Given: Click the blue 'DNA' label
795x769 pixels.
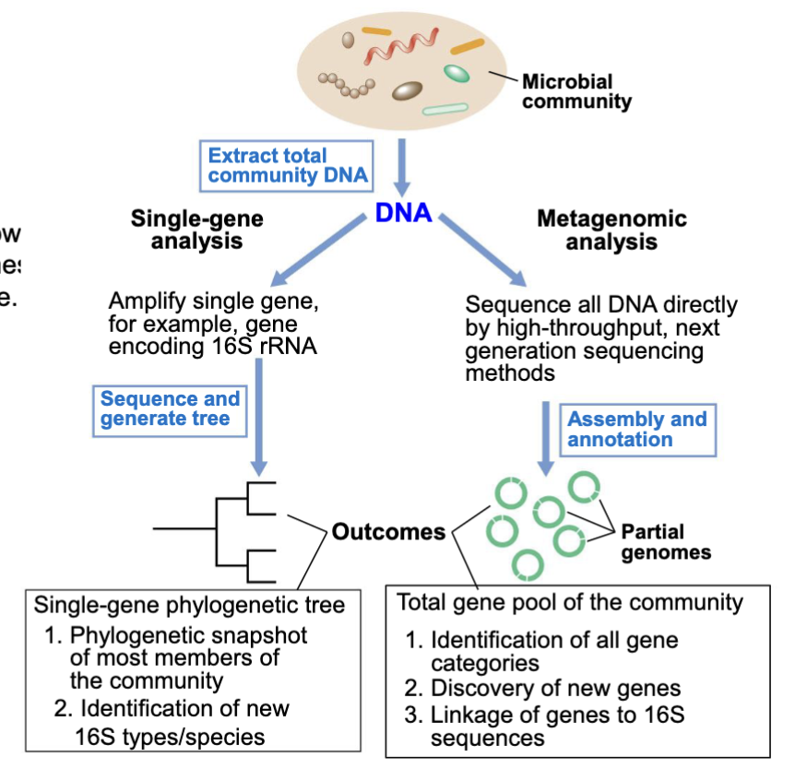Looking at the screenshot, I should tap(403, 213).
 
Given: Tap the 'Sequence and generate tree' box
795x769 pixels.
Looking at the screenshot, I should tap(170, 408).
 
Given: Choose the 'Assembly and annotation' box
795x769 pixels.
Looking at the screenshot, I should tap(636, 429).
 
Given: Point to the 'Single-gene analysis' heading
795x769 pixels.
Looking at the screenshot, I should tap(196, 230).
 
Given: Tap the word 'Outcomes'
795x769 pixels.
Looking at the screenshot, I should tap(388, 532).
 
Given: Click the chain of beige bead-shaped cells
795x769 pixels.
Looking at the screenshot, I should tap(348, 84).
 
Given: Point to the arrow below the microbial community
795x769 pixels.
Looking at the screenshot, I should tap(402, 166).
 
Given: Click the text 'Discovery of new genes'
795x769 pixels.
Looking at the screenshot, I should tap(555, 687).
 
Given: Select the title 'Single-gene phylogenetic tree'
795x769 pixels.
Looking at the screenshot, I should tap(189, 605).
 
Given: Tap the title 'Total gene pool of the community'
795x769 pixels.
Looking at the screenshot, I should tap(569, 603).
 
